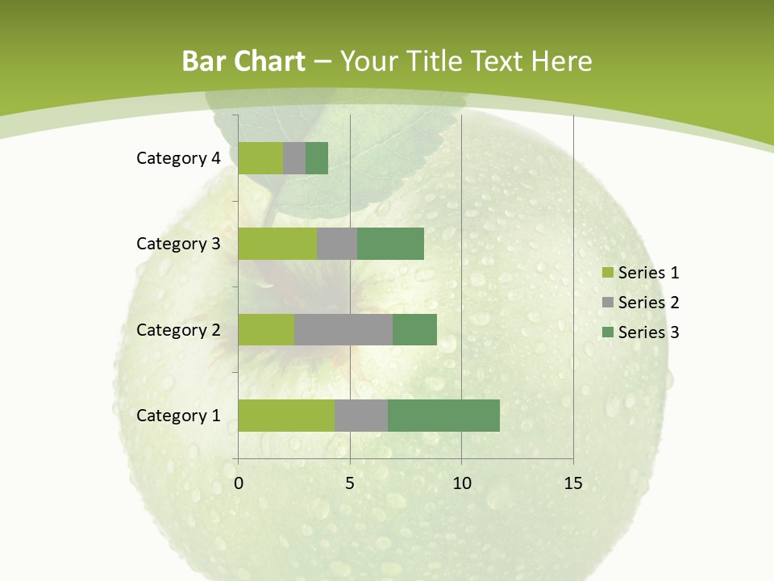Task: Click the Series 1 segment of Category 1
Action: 286,416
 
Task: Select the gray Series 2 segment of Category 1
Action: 361,416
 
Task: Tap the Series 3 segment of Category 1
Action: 443,416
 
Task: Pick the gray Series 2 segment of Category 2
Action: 343,329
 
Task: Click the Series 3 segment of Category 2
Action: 414,329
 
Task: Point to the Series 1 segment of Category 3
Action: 277,244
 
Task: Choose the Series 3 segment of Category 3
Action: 390,244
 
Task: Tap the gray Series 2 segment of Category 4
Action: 294,158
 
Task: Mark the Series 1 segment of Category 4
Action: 260,158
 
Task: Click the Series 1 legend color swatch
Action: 606,273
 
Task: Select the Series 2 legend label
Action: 648,303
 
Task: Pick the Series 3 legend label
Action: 648,332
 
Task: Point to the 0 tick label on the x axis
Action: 238,483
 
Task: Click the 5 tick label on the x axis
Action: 350,483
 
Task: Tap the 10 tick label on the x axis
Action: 461,483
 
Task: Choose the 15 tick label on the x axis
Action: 573,483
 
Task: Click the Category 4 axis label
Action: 178,158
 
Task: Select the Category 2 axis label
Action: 178,329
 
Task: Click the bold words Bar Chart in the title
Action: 243,61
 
